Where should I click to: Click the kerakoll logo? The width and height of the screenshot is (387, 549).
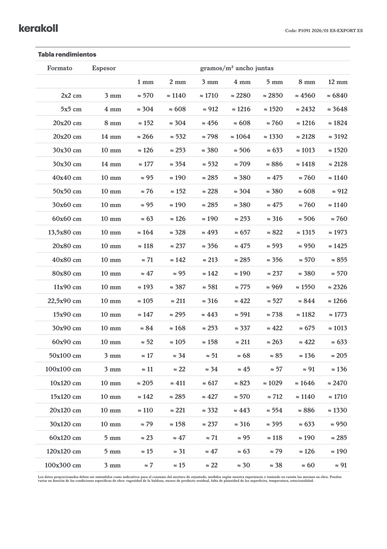coord(38,28)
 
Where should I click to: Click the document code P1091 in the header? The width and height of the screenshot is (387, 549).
coord(324,31)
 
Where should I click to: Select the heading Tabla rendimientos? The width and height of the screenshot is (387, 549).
coord(67,54)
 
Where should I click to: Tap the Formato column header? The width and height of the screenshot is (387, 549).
coord(59,68)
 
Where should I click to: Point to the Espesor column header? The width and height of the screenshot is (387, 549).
coord(104,68)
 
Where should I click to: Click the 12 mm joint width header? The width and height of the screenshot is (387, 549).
coord(338,82)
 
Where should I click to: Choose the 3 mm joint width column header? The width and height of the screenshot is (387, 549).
coord(210,82)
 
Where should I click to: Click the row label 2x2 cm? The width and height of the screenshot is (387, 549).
coord(71,96)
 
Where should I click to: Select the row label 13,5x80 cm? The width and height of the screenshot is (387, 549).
coord(65,232)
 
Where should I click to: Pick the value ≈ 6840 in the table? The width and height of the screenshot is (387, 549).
coord(337,96)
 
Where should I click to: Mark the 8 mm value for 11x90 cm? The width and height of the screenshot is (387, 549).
coord(305,287)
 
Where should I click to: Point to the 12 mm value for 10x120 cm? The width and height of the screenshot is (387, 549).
coord(337,383)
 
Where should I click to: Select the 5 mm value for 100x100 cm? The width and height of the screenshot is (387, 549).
coord(276,369)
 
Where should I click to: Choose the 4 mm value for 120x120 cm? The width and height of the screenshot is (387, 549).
coord(243,451)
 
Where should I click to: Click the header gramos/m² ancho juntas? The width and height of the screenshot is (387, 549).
coord(237,68)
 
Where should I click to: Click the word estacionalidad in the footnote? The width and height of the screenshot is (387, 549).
coord(302,481)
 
